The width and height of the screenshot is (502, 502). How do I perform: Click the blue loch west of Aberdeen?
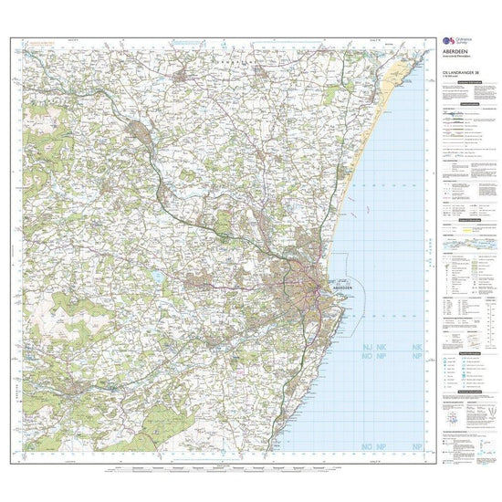161,275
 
